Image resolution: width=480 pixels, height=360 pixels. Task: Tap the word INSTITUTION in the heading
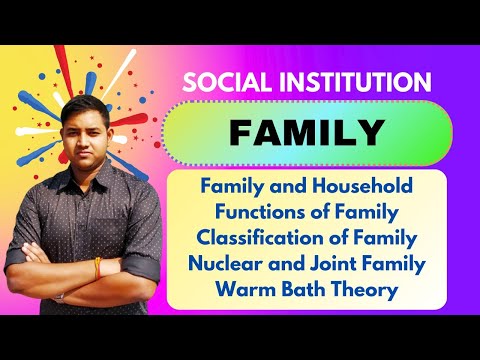pyautogui.click(x=347, y=82)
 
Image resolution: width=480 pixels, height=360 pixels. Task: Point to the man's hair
pyautogui.click(x=83, y=103)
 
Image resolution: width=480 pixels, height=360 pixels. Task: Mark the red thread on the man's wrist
pyautogui.click(x=96, y=266)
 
